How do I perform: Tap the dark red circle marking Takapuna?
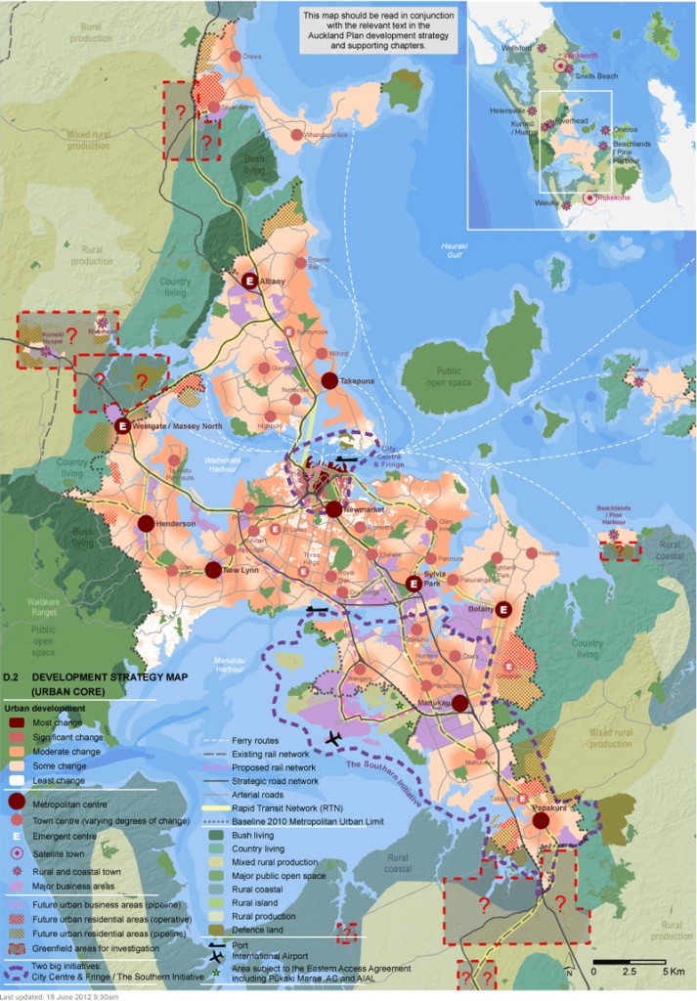(x=329, y=380)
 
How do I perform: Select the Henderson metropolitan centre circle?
(x=146, y=524)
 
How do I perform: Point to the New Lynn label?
(x=240, y=570)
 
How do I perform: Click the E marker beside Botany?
(x=503, y=610)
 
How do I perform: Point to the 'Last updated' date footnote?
(x=59, y=996)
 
